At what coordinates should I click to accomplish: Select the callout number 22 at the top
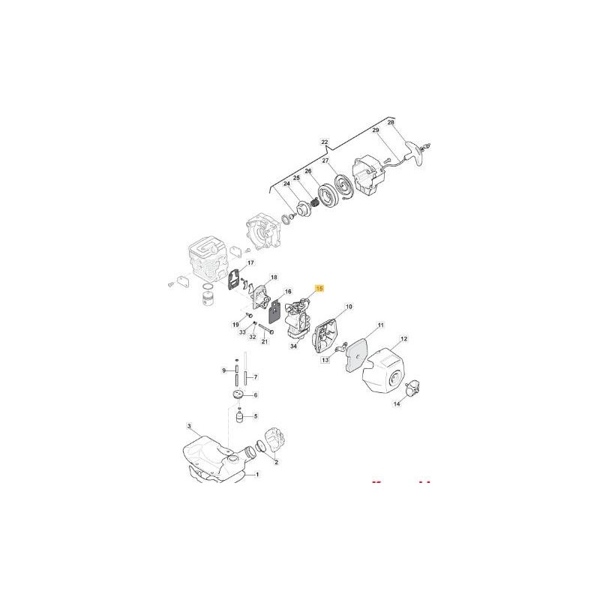[x=325, y=142]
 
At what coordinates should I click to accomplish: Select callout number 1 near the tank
[x=258, y=475]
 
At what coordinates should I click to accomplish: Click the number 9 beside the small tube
[x=223, y=370]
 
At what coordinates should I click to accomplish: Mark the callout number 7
[x=256, y=376]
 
